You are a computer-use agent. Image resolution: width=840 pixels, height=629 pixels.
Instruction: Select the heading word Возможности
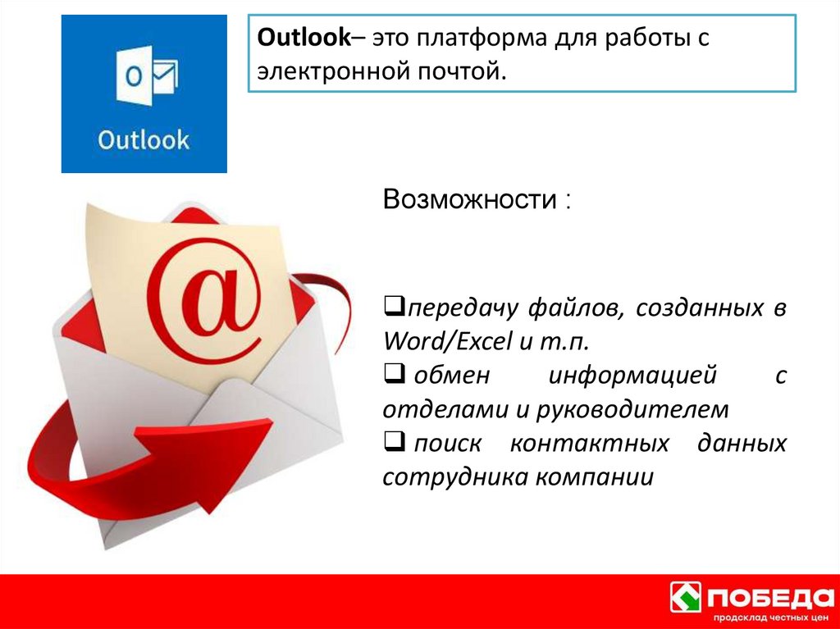[469, 199]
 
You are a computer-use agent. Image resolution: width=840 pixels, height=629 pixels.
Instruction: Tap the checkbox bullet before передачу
[391, 308]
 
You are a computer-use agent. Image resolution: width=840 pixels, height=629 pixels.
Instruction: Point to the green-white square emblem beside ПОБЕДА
[687, 596]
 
